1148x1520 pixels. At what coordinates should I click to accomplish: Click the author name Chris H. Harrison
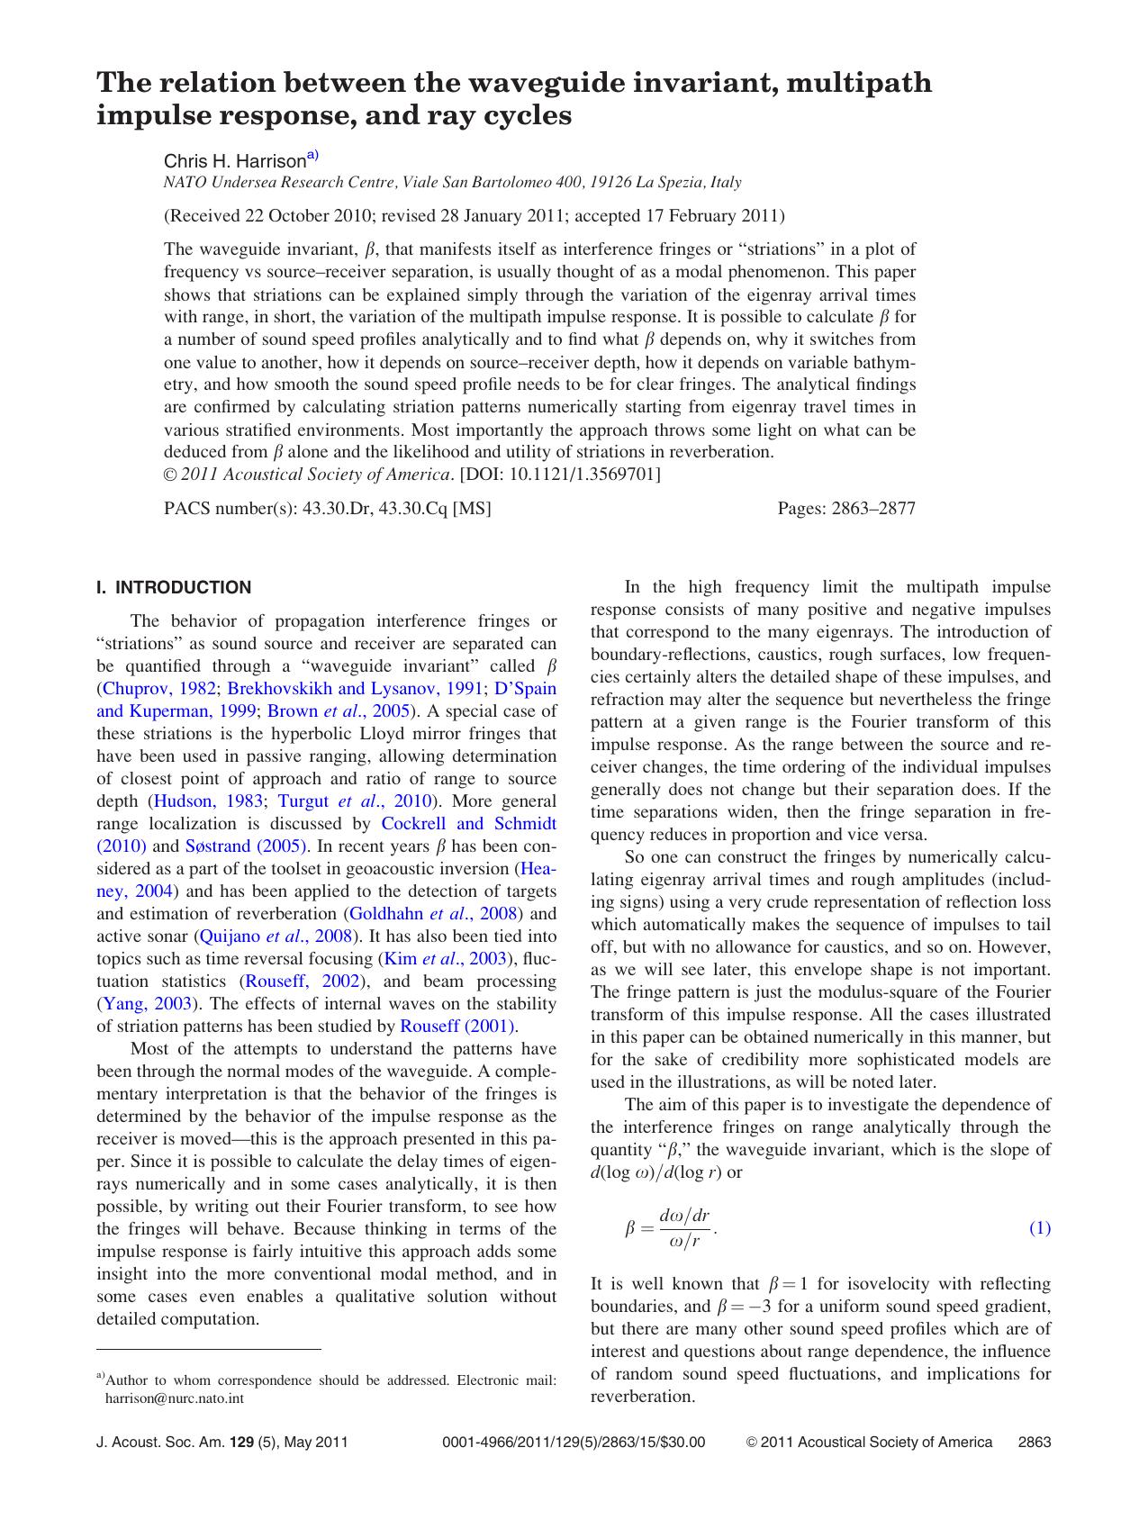(x=234, y=162)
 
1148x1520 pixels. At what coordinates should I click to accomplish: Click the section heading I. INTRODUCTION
(x=174, y=588)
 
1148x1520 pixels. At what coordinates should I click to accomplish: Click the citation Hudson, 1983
(x=208, y=801)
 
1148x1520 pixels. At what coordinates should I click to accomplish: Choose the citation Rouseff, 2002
(x=303, y=982)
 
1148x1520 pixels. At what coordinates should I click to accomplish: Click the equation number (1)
(x=1039, y=1228)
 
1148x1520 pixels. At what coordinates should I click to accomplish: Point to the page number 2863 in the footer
(x=1034, y=1443)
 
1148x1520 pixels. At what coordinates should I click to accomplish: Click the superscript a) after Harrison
(x=312, y=156)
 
